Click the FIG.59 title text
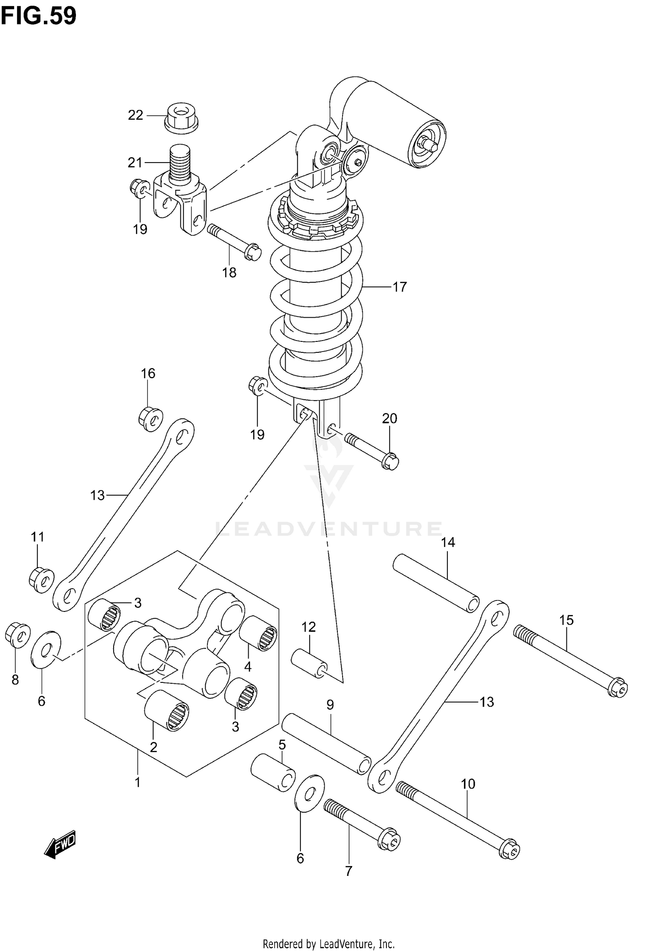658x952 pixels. coord(39,16)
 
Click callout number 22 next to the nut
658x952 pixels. coord(136,115)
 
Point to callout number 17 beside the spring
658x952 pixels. coord(400,287)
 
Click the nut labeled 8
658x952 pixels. coord(17,635)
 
